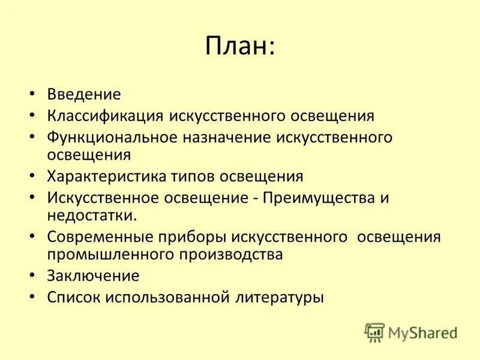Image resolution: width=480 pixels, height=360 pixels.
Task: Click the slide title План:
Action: (240, 47)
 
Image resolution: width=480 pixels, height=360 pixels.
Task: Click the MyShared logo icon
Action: (375, 332)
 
